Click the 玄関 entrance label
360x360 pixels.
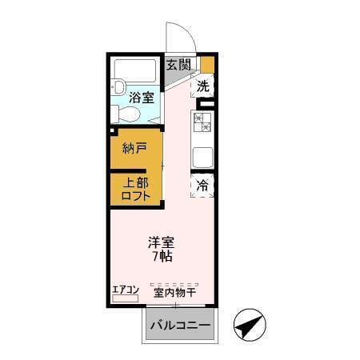click(178, 65)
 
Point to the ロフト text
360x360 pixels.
click(134, 197)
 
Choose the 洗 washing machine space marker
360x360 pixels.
click(203, 85)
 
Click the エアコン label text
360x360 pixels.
click(126, 290)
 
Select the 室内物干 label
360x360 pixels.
click(175, 293)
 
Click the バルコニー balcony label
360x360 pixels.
click(180, 326)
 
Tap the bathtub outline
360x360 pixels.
click(137, 72)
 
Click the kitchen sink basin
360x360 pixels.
click(202, 157)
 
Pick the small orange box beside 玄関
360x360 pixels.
click(207, 65)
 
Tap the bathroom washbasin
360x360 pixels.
click(119, 86)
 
